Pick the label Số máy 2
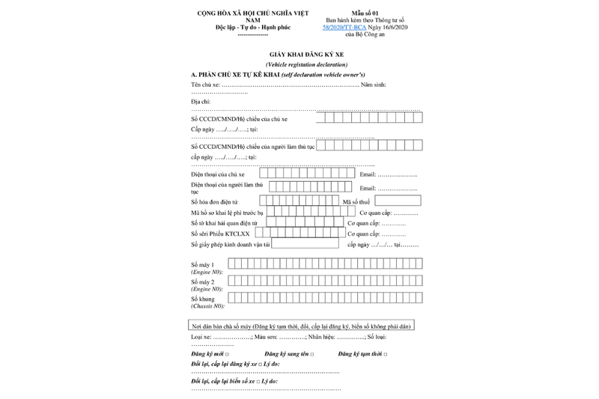click(x=203, y=282)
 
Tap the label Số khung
click(x=203, y=299)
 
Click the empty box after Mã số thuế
click(x=398, y=201)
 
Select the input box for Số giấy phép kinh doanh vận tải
click(x=305, y=243)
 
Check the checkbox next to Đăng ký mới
click(x=228, y=353)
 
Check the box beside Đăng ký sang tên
click(x=311, y=353)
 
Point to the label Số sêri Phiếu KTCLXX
click(x=220, y=234)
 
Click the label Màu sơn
click(x=265, y=338)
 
